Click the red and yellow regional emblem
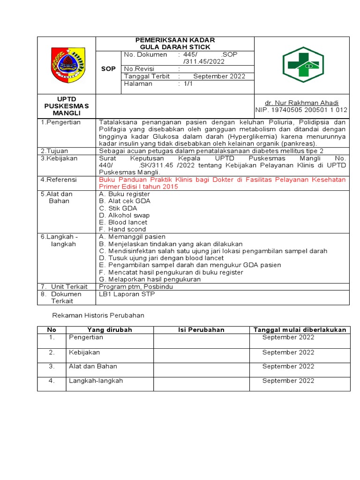tap(67, 65)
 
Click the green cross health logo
tap(302, 65)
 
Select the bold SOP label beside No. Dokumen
tap(108, 69)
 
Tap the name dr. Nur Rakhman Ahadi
tap(301, 103)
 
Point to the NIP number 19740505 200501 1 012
tap(301, 110)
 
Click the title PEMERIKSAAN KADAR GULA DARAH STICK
tap(175, 44)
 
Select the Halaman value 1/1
tap(187, 83)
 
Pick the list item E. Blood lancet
tap(123, 222)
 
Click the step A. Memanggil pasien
tap(132, 237)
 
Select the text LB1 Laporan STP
tap(127, 294)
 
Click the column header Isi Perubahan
tap(201, 330)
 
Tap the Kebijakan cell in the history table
tap(84, 352)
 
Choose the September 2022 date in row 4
tap(288, 381)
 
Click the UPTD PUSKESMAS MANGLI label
tap(66, 106)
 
